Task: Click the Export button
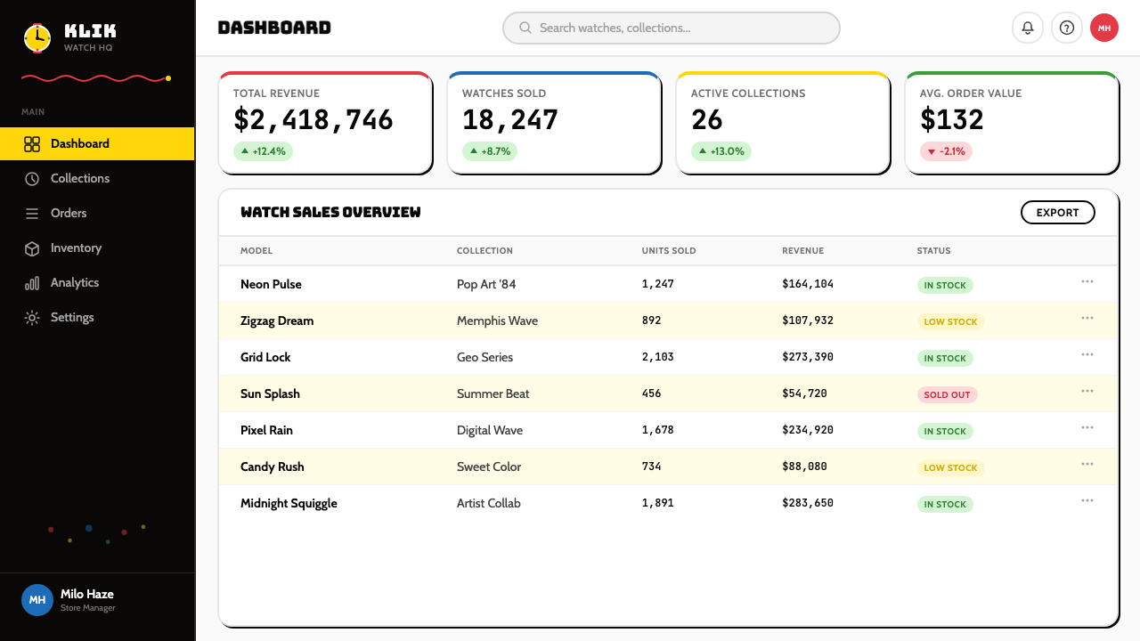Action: pos(1057,213)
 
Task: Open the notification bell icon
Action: pos(1028,28)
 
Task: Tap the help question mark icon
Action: pos(1067,28)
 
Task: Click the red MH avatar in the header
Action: pos(1103,28)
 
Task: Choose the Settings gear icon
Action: pos(32,318)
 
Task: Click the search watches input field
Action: pos(671,28)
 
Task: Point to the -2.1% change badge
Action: pos(946,151)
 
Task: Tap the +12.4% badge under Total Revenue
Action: pos(263,151)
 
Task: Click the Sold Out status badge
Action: pos(947,394)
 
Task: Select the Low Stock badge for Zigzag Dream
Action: pos(950,322)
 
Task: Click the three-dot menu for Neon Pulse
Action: pos(1087,282)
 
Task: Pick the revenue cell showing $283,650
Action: pos(808,503)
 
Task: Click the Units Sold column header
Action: pos(668,251)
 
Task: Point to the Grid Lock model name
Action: pos(265,357)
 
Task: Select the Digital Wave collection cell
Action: pos(490,430)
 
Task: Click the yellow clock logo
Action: pos(37,38)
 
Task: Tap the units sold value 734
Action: pos(651,467)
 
